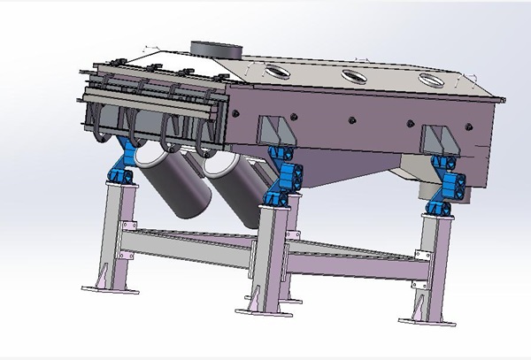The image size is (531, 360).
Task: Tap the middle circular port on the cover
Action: pos(355,74)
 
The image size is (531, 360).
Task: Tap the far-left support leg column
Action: pos(114,230)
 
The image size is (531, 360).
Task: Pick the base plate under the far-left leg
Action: pos(108,288)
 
